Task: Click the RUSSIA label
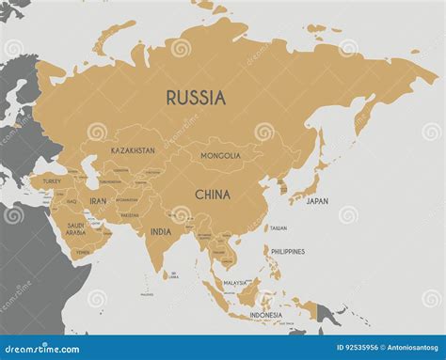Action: point(196,96)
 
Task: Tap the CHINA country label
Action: point(215,195)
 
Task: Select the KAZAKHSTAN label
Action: point(133,150)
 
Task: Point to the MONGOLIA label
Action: point(219,155)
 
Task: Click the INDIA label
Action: point(160,231)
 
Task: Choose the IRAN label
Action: point(98,200)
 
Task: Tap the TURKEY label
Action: point(51,180)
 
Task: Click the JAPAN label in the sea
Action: point(318,201)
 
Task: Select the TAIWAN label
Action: point(279,228)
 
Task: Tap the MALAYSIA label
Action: point(235,281)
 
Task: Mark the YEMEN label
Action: point(83,252)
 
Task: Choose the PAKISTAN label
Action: point(130,214)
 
